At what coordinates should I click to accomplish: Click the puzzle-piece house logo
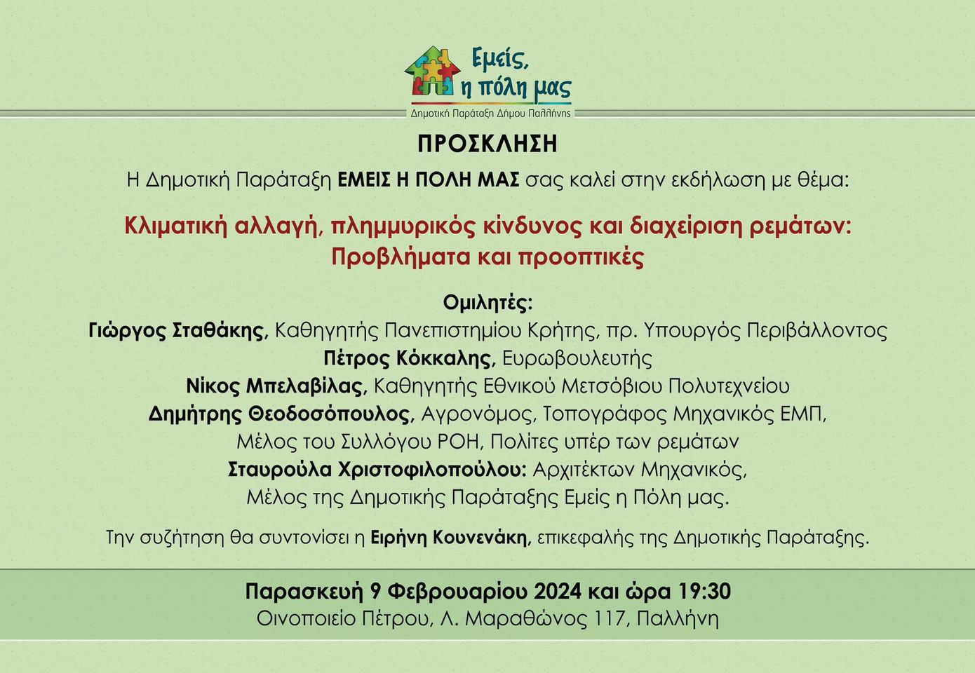[432, 71]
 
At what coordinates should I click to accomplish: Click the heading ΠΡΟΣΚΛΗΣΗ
[487, 144]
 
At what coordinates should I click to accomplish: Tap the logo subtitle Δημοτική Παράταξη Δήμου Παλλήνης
[490, 114]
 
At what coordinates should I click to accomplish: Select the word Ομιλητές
[487, 302]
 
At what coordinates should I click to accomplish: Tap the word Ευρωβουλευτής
[577, 358]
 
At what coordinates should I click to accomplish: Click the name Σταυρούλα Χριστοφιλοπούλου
[377, 470]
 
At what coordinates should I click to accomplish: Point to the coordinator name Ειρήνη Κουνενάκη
[451, 538]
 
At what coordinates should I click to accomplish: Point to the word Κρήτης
[565, 331]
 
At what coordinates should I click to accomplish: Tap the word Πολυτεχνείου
[728, 386]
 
